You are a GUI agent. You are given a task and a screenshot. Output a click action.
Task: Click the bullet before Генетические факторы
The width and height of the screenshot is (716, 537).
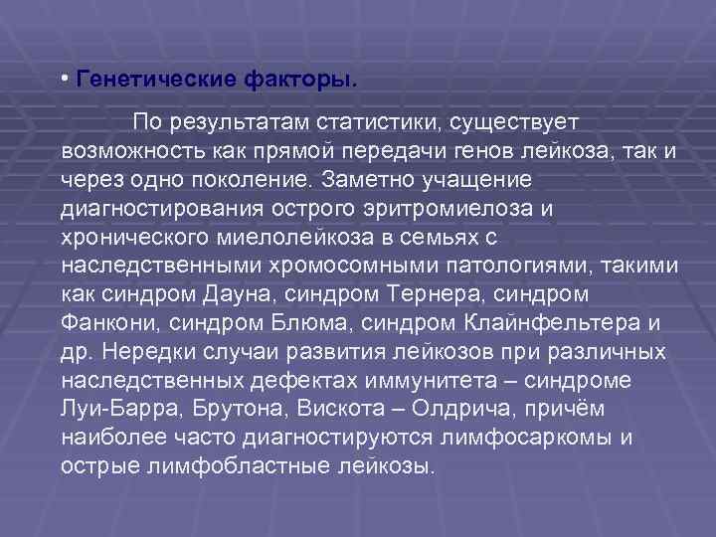click(x=64, y=78)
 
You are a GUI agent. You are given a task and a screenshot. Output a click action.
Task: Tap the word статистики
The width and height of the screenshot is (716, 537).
click(x=379, y=122)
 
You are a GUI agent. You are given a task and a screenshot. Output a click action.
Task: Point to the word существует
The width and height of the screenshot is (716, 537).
click(x=509, y=122)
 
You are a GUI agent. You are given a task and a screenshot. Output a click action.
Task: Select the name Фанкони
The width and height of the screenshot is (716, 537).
click(x=109, y=324)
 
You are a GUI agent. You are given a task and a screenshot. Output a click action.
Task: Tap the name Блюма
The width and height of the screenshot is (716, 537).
click(x=302, y=324)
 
